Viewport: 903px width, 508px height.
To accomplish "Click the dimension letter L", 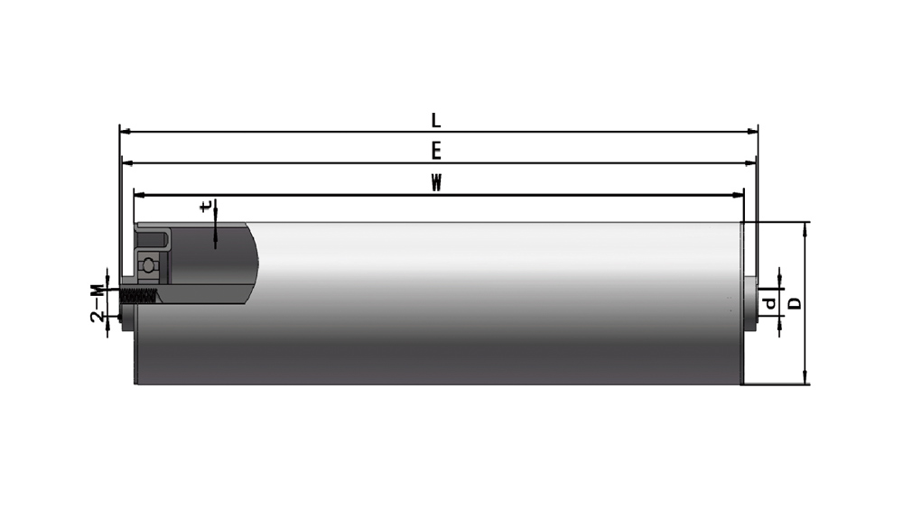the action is (x=436, y=120).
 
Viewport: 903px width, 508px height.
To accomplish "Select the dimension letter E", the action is (x=436, y=152).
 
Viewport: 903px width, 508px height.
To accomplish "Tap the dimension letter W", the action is (x=436, y=183).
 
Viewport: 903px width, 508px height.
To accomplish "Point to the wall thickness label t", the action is (x=206, y=206).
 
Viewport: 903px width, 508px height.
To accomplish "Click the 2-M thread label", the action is (x=98, y=303).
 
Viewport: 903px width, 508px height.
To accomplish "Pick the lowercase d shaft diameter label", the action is (x=769, y=302).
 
